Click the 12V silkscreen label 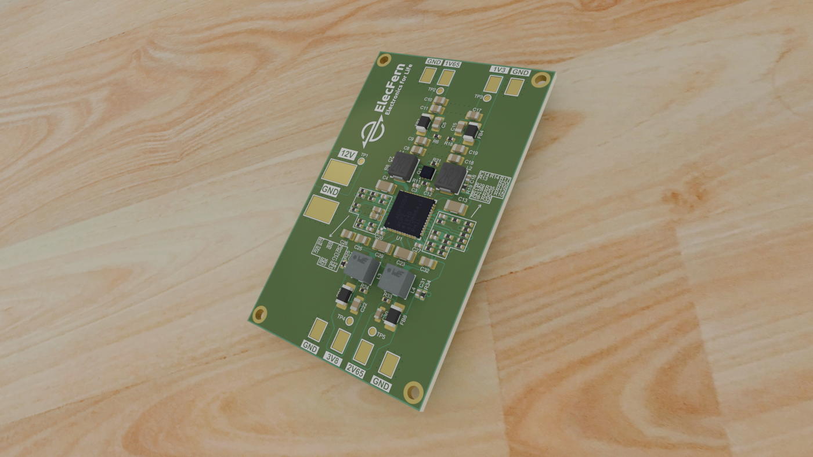click(x=347, y=154)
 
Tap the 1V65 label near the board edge click(x=452, y=64)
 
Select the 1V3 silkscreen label click(x=498, y=70)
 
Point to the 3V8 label click(x=333, y=360)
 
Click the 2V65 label click(x=355, y=372)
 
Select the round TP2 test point click(x=440, y=90)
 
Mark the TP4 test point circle click(x=350, y=320)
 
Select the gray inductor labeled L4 click(x=396, y=283)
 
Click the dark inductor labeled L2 click(x=451, y=178)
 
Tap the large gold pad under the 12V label click(x=338, y=172)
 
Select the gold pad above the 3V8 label click(x=340, y=340)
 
